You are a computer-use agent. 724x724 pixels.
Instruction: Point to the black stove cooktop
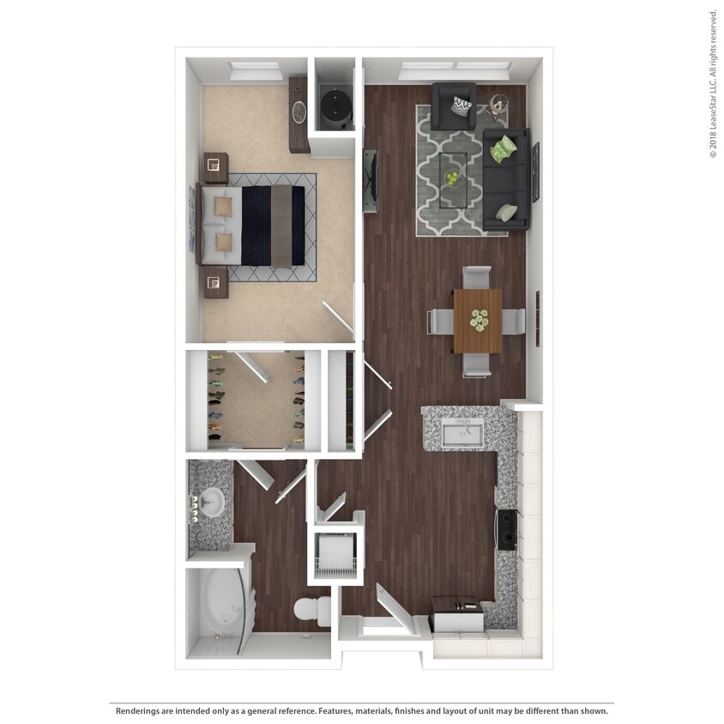coord(507,529)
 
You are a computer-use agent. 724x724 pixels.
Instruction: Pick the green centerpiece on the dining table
coord(477,320)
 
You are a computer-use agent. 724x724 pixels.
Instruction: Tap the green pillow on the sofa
coord(505,148)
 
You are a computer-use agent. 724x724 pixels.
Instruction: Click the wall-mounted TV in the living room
coord(371,181)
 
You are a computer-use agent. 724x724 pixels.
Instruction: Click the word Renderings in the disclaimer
coord(136,711)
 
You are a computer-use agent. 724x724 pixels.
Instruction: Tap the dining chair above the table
coord(477,277)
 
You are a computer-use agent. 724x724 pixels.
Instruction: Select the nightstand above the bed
coord(215,167)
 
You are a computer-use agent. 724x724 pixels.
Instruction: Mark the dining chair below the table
coord(477,365)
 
